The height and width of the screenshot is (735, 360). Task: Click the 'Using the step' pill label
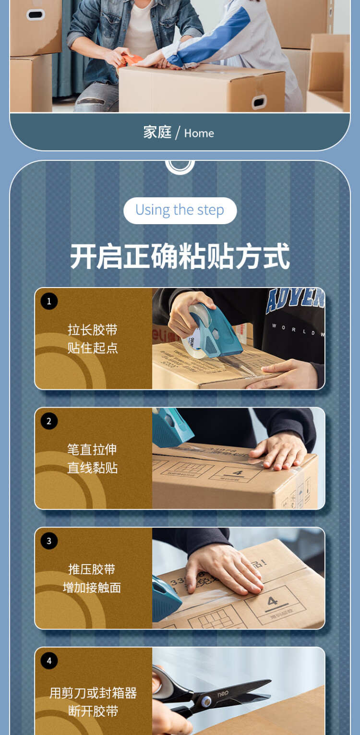[x=180, y=210]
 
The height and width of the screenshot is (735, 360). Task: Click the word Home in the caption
[x=199, y=133]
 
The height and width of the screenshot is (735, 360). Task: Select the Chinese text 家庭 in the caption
[x=157, y=132]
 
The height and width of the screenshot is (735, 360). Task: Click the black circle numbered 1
[x=49, y=301]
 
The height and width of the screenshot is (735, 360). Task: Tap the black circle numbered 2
[x=49, y=421]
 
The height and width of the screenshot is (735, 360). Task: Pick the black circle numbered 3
[x=49, y=541]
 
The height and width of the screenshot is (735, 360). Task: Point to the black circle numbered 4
[x=49, y=661]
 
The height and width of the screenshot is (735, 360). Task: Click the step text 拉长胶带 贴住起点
[x=93, y=338]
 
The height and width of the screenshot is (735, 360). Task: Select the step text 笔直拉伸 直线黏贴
[x=92, y=458]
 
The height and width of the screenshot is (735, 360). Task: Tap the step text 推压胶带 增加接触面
[x=92, y=578]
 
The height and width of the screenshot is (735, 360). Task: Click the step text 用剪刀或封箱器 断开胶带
[x=93, y=701]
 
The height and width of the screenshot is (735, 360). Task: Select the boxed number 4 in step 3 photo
[x=273, y=601]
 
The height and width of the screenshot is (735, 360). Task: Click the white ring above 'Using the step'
[x=180, y=165]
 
